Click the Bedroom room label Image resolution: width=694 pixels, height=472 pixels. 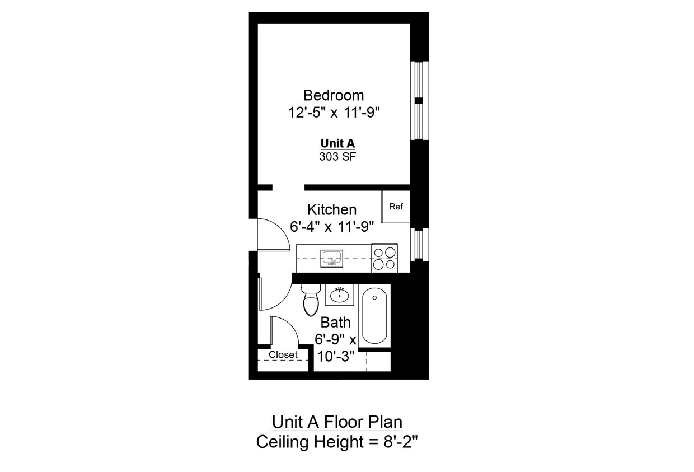point(334,95)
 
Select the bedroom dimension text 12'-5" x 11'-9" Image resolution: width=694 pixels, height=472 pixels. point(334,113)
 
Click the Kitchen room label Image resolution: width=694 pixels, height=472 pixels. point(332,210)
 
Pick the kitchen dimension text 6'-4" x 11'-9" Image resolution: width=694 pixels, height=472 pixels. point(332,227)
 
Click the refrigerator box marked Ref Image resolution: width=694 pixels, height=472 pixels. point(396,207)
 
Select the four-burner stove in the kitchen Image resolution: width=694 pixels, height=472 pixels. point(384,259)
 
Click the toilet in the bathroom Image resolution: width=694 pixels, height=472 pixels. point(310,301)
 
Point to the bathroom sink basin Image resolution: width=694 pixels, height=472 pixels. point(339,295)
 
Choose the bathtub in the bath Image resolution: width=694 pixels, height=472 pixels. point(374,316)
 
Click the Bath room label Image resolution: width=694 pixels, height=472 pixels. point(335,323)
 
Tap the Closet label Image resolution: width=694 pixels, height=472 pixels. point(283,355)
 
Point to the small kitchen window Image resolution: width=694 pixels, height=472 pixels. point(418,244)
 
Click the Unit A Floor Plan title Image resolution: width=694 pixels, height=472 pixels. point(337,422)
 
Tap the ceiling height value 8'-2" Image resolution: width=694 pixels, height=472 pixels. point(398,442)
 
